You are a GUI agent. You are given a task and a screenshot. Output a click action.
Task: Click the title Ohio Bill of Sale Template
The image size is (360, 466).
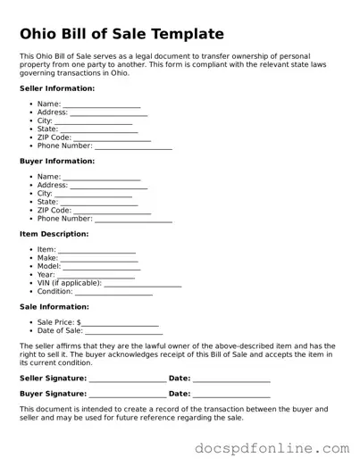click(121, 34)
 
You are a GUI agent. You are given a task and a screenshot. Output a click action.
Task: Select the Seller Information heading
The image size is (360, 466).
click(57, 89)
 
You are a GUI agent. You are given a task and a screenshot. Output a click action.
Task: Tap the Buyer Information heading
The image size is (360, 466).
click(57, 162)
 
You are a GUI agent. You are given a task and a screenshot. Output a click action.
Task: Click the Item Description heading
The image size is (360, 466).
click(54, 234)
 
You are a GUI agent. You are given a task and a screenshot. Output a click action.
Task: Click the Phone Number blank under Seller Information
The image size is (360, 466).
click(133, 146)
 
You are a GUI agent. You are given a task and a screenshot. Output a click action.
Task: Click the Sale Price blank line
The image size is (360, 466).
click(120, 322)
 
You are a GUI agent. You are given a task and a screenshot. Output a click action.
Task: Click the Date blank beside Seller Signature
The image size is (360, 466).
click(231, 379)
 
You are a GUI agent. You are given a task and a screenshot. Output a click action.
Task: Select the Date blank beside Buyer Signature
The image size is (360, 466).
click(231, 394)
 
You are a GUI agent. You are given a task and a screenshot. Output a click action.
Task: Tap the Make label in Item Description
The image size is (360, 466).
click(47, 258)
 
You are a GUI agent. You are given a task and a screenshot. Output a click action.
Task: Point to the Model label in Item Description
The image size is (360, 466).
click(49, 266)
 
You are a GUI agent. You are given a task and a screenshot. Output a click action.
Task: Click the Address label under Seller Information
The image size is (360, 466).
click(53, 112)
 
